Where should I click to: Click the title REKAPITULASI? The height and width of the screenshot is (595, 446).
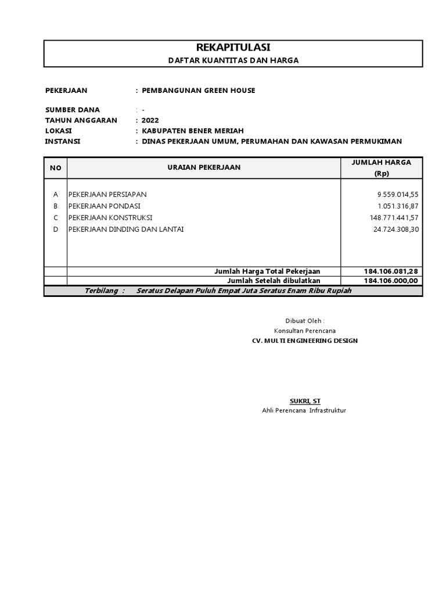point(233,48)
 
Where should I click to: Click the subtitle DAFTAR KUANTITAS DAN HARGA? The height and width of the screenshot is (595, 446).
point(233,60)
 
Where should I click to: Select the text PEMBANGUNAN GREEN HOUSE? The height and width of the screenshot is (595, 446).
point(199,91)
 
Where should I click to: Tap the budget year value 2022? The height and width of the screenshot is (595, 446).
point(150,120)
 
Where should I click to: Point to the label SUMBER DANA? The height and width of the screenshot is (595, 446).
point(73,110)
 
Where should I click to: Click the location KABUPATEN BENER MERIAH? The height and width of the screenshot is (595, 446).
point(193,131)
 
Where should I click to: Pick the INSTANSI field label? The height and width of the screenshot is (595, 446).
point(63,141)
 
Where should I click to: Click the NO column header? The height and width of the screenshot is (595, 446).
point(56,168)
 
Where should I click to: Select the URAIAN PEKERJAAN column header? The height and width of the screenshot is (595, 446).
point(204,168)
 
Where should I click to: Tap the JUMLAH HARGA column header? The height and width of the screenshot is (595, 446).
point(382,163)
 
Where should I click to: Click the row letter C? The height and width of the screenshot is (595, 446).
point(56,217)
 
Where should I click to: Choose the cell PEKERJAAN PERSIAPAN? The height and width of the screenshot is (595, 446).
point(107,194)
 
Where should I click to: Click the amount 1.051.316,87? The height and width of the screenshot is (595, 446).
point(398,206)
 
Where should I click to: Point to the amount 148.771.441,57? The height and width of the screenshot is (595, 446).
point(394,217)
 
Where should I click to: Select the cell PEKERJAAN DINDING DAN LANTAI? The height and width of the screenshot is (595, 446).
point(126,229)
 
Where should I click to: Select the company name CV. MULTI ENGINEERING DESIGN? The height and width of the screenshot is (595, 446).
point(305,340)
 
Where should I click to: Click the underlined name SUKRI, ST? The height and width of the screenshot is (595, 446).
point(305,401)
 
